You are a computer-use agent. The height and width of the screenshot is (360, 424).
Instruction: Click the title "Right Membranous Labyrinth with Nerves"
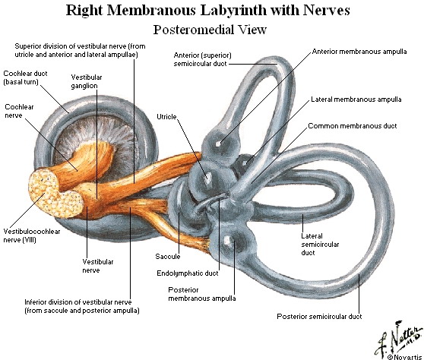coord(207,11)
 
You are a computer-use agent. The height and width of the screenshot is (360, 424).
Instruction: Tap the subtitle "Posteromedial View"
coord(210,30)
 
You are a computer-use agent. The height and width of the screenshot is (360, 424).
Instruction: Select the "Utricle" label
coord(166,117)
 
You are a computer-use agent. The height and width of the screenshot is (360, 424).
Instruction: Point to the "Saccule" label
coord(168,256)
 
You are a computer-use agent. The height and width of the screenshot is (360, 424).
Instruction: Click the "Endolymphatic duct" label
coord(188,273)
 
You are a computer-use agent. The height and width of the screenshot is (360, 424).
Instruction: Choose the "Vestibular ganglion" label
coord(87,81)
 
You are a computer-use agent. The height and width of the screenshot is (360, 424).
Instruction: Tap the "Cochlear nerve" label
coord(19,111)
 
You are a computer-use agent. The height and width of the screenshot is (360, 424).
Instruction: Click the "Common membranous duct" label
coord(353,126)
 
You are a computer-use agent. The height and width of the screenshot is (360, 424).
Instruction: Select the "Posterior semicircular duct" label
coord(319,316)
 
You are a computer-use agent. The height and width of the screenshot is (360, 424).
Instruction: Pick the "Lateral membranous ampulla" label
coord(356,99)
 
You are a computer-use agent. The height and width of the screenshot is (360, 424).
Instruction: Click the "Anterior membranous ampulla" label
coord(359,52)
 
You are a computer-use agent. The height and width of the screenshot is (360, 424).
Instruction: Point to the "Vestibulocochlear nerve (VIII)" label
coord(32,235)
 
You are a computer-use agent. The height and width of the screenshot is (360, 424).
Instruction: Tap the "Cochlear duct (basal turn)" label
coord(25,77)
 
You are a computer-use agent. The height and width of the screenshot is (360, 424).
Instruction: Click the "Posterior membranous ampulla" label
coord(201,294)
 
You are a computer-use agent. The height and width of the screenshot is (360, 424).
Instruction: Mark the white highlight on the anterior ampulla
coord(219,144)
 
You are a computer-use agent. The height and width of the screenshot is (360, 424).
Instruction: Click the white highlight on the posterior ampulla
coord(228,240)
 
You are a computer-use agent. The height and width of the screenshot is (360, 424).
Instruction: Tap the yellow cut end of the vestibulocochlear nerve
coord(54,192)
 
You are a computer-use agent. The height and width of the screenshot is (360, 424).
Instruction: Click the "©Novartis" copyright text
coord(405,357)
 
